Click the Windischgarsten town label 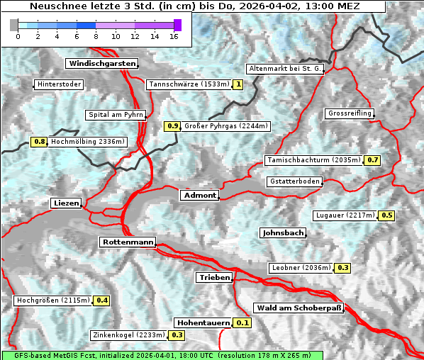101,64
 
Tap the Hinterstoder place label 59,85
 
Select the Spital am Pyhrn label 116,115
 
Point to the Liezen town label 66,203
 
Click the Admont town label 199,196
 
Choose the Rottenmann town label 128,242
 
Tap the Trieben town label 213,278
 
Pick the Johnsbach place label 283,233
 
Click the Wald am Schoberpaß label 298,308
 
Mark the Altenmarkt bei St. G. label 285,69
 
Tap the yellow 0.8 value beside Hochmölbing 39,142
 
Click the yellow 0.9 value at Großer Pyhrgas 172,127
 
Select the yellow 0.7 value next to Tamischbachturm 373,160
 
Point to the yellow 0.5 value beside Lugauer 387,215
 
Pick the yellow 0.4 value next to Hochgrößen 102,300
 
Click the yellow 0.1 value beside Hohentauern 242,323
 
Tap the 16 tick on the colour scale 174,36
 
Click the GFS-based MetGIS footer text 162,355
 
